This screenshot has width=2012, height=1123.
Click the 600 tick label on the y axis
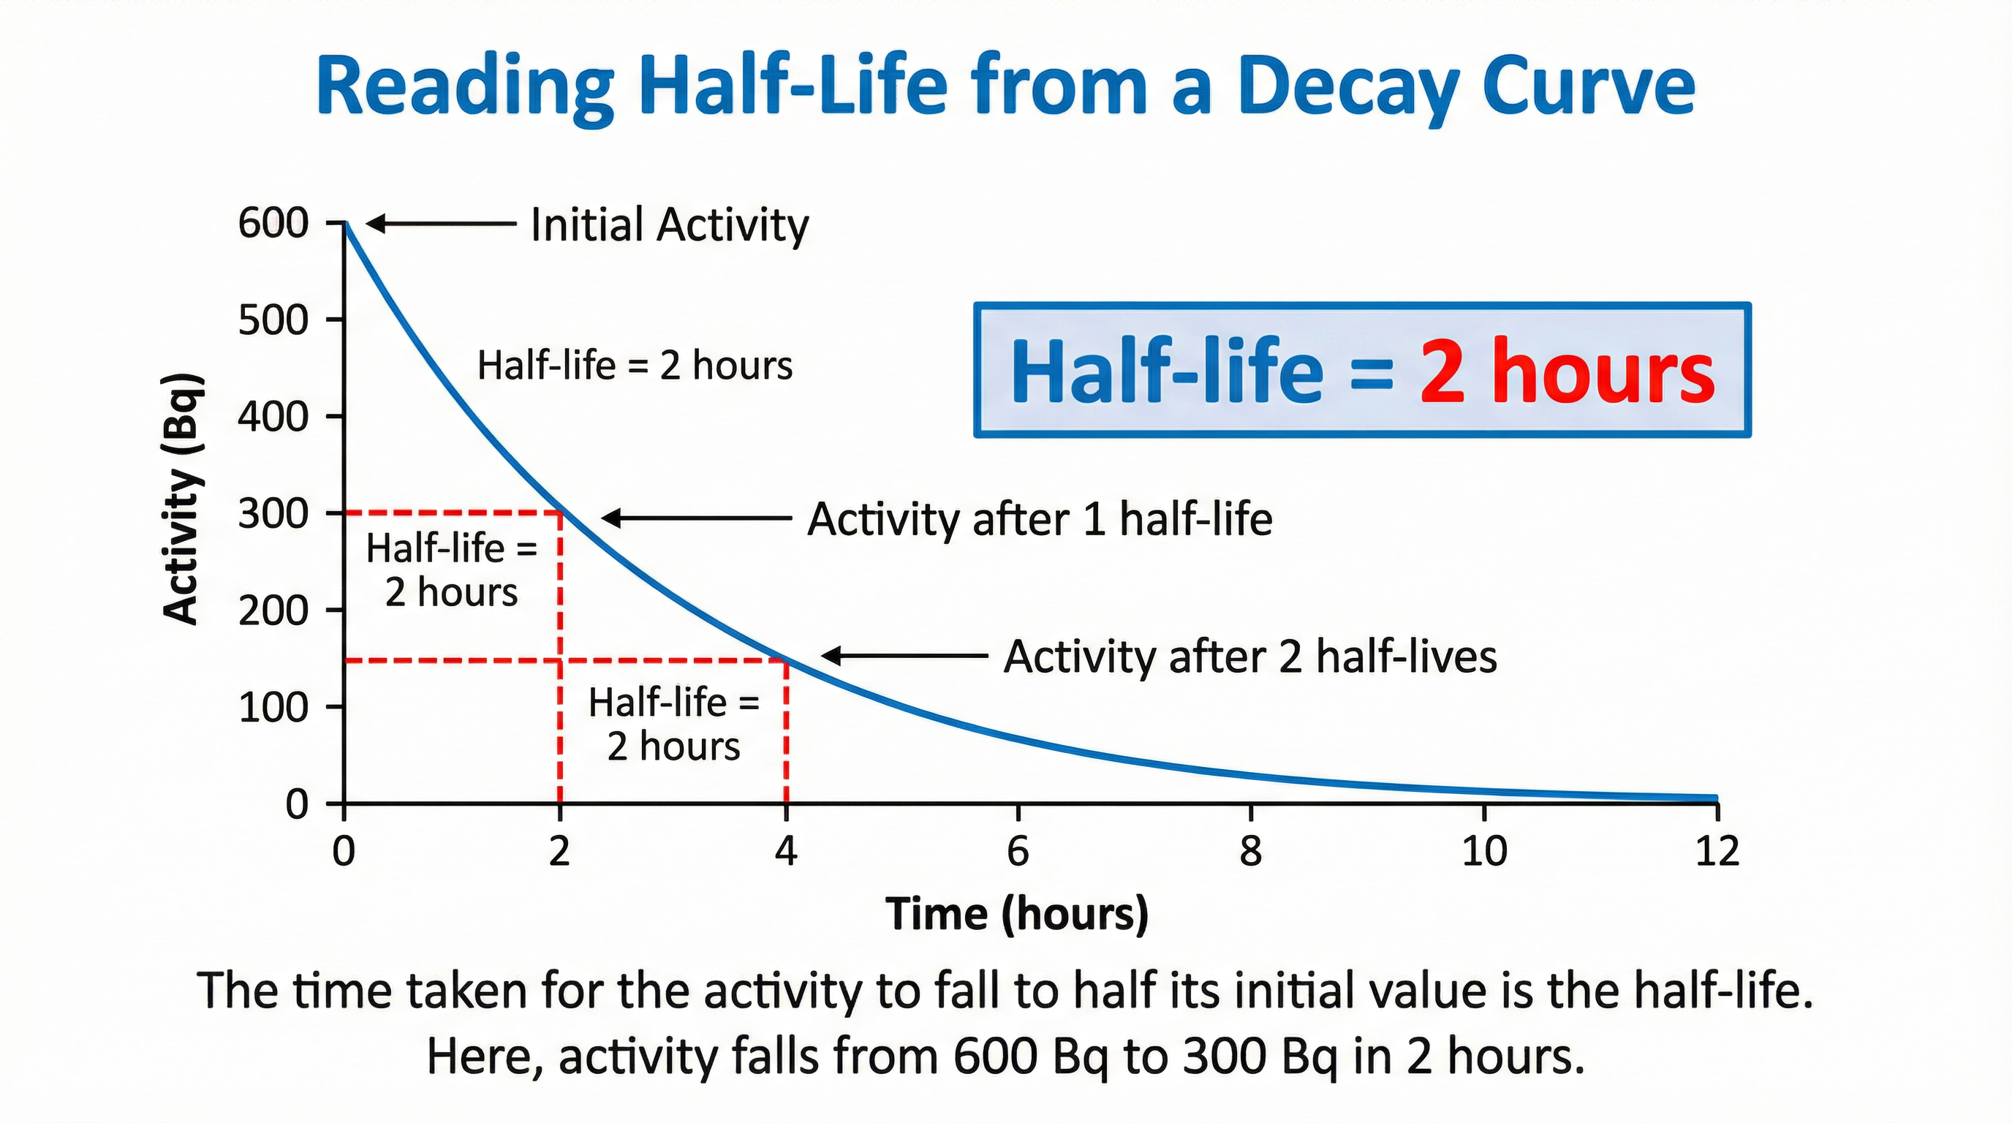click(x=273, y=224)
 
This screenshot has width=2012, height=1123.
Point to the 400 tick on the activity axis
click(x=273, y=417)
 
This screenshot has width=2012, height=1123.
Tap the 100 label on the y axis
click(x=273, y=708)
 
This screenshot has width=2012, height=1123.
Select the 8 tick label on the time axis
click(x=1250, y=850)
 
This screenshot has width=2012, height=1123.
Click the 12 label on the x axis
click(x=1717, y=850)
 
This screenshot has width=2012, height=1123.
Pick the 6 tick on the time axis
click(x=1018, y=850)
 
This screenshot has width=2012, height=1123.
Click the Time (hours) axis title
click(x=1017, y=914)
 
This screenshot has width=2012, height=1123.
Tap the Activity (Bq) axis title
click(x=183, y=500)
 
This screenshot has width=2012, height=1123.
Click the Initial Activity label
click(x=670, y=225)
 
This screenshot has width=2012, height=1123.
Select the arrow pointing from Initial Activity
click(x=442, y=224)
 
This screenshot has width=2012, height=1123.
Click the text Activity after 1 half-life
click(x=1040, y=519)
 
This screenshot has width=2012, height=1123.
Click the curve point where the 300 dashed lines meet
click(x=561, y=513)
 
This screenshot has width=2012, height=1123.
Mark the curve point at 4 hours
click(x=787, y=661)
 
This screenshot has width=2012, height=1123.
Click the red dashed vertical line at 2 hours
click(x=560, y=703)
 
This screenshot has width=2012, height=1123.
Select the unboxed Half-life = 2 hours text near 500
click(x=634, y=366)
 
